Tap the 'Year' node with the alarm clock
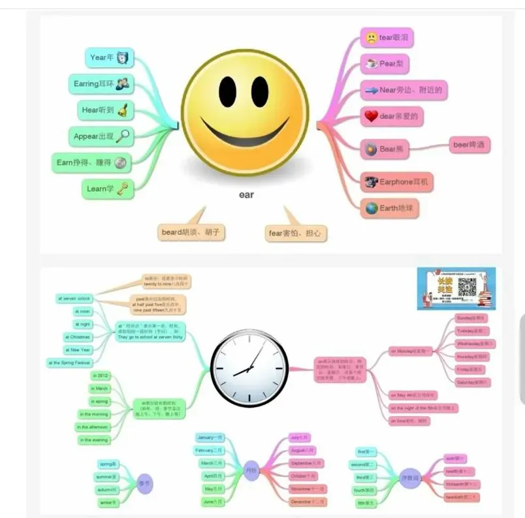tap(108, 57)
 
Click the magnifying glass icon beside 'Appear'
tap(123, 136)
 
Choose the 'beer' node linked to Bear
tap(470, 145)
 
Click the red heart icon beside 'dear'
tap(371, 116)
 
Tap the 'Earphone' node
tap(396, 181)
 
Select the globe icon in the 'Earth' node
tap(371, 209)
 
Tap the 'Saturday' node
tap(473, 382)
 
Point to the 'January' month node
tap(210, 437)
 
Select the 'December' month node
tap(308, 502)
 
